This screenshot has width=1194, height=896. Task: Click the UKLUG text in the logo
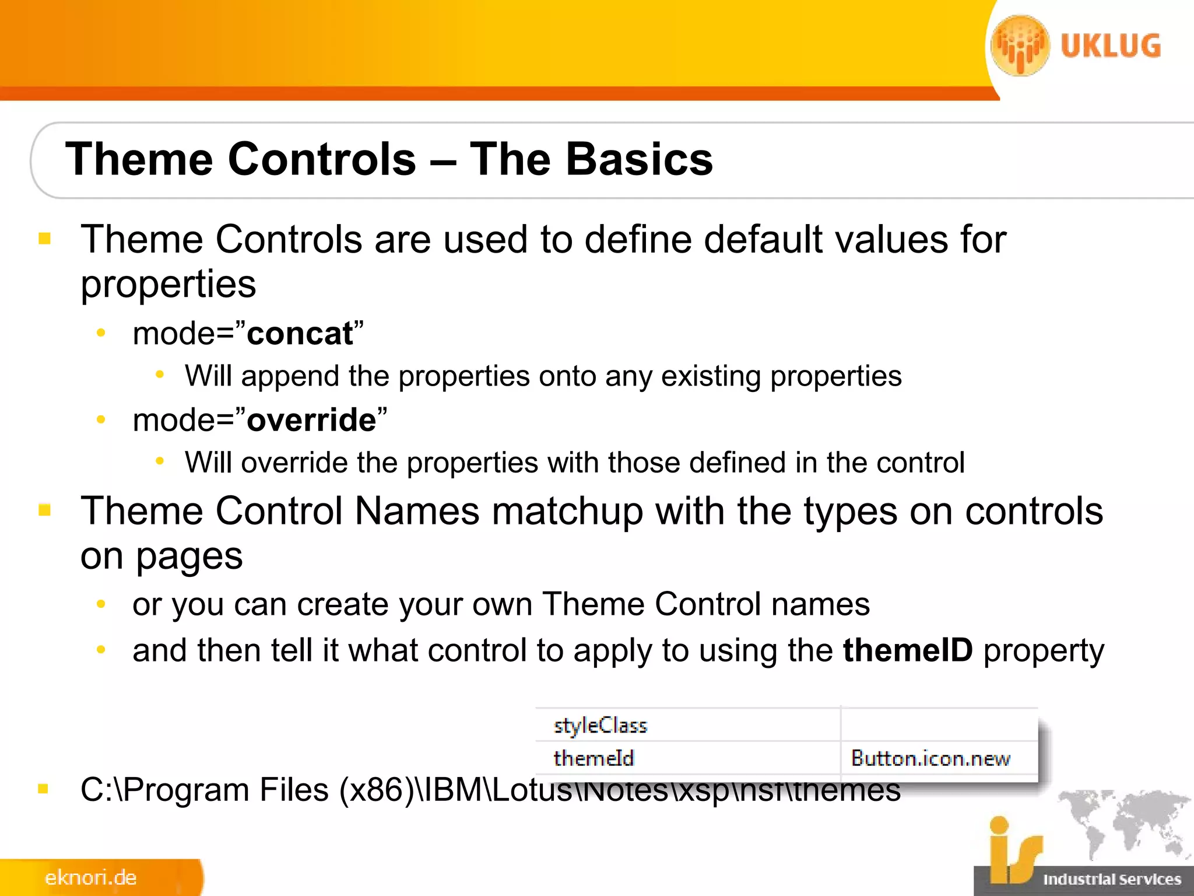pos(1111,46)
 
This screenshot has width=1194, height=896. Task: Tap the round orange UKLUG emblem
pos(1020,45)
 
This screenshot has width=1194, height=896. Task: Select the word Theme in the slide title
pos(140,159)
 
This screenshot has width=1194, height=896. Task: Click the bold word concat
pos(300,334)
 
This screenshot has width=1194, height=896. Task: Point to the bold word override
pos(311,420)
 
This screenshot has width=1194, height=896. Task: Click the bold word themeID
pos(908,650)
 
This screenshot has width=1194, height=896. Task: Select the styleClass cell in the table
pos(600,725)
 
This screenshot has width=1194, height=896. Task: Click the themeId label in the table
pos(594,758)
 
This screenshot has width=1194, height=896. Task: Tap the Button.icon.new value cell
pos(930,758)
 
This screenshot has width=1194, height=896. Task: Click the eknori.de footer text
pos(90,878)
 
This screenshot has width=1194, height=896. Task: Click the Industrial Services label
pos(1112,880)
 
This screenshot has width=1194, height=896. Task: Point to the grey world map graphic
pos(1122,822)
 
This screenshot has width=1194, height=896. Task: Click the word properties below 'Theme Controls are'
pos(168,284)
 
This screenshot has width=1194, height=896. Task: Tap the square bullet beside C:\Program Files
pos(43,789)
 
